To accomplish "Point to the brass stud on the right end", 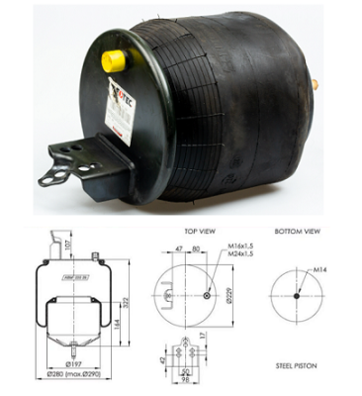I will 316,86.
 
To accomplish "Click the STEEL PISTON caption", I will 297,365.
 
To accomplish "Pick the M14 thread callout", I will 320,269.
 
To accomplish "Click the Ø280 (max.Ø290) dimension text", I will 71,376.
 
